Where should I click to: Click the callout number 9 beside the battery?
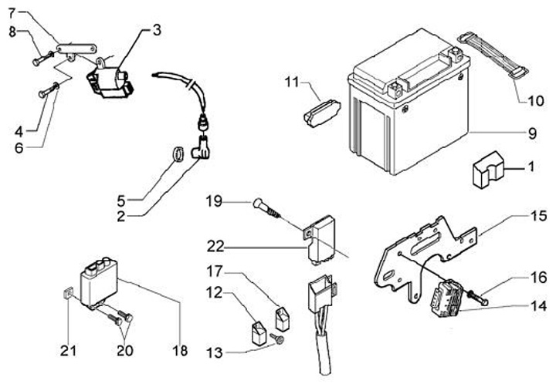[x=532, y=133]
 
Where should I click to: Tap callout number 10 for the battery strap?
[x=536, y=101]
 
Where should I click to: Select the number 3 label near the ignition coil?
[x=157, y=30]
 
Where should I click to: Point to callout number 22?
[x=215, y=246]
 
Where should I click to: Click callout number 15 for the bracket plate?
[x=539, y=216]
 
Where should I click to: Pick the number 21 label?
[x=68, y=351]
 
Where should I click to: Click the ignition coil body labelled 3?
[x=110, y=82]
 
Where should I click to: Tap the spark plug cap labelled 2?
[x=201, y=149]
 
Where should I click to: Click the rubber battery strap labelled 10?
[x=493, y=55]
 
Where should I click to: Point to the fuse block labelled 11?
[x=321, y=113]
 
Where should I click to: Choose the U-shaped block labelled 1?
[x=489, y=170]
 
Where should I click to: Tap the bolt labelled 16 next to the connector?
[x=478, y=298]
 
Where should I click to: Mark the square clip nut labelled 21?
[x=66, y=293]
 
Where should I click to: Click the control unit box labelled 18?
[x=99, y=281]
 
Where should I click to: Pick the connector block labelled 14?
[x=446, y=298]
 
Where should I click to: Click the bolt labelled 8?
[x=43, y=59]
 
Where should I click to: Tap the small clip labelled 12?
[x=259, y=332]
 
